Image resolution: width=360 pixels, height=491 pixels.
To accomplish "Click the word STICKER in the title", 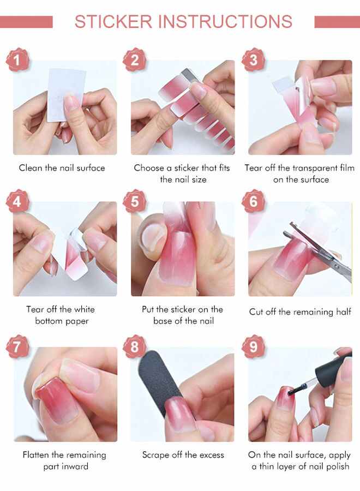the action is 113,22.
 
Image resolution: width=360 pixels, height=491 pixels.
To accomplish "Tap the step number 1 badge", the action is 17,59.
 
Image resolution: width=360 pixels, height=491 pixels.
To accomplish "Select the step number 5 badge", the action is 135,201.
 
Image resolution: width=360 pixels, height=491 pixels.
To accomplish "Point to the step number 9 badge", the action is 253,346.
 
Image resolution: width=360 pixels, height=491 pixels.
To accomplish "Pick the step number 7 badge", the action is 17,346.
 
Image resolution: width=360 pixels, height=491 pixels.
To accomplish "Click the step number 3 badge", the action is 253,59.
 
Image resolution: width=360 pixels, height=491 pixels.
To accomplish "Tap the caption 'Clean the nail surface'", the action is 62,168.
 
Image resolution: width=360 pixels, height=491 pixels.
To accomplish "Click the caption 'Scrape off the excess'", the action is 183,454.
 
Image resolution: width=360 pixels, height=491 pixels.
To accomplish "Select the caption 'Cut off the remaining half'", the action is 300,312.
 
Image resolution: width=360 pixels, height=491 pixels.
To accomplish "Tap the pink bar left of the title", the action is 26,22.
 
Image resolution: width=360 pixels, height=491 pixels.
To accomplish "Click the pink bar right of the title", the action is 337,22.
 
